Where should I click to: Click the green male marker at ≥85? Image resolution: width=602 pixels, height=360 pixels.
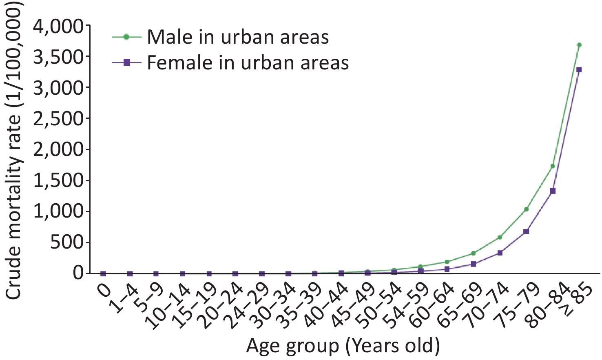pos(579,44)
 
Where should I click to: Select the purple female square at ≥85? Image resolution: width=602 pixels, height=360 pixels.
pos(579,70)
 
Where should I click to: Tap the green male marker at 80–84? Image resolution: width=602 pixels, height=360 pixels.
pos(553,166)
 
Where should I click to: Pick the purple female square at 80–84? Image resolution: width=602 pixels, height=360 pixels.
pos(553,191)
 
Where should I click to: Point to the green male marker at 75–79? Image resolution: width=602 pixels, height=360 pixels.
pos(526,209)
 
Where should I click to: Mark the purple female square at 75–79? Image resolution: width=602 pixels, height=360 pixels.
pos(526,231)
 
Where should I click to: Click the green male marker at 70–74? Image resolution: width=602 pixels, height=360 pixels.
pos(500,238)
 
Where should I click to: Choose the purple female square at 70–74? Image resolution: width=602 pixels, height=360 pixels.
pos(500,253)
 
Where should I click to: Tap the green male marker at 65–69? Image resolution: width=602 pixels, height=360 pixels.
pos(473,253)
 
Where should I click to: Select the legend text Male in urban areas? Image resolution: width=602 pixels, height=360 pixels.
pos(238,37)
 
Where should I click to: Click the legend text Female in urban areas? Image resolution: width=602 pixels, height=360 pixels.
pos(248,62)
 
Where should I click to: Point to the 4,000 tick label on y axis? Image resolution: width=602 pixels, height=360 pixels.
pos(58,27)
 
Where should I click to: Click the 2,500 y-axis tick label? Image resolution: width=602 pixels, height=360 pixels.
pos(58,118)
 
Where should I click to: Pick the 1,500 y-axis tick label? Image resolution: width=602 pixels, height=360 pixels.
pos(58,181)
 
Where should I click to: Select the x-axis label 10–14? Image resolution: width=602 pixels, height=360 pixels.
pos(170,308)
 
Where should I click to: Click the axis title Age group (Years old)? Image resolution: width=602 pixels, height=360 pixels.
pos(343,346)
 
